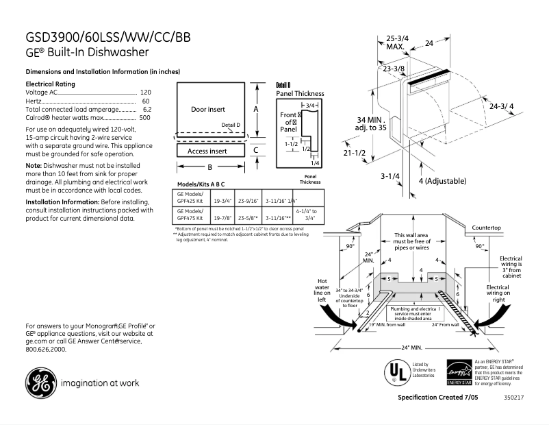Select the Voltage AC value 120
click(145, 92)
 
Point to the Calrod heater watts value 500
click(145, 118)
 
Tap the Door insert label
click(207, 110)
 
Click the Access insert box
click(208, 151)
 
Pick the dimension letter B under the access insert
click(210, 167)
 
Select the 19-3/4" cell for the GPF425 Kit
click(222, 202)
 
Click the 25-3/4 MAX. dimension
click(397, 42)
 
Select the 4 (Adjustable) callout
click(442, 181)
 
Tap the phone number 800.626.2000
click(46, 349)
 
